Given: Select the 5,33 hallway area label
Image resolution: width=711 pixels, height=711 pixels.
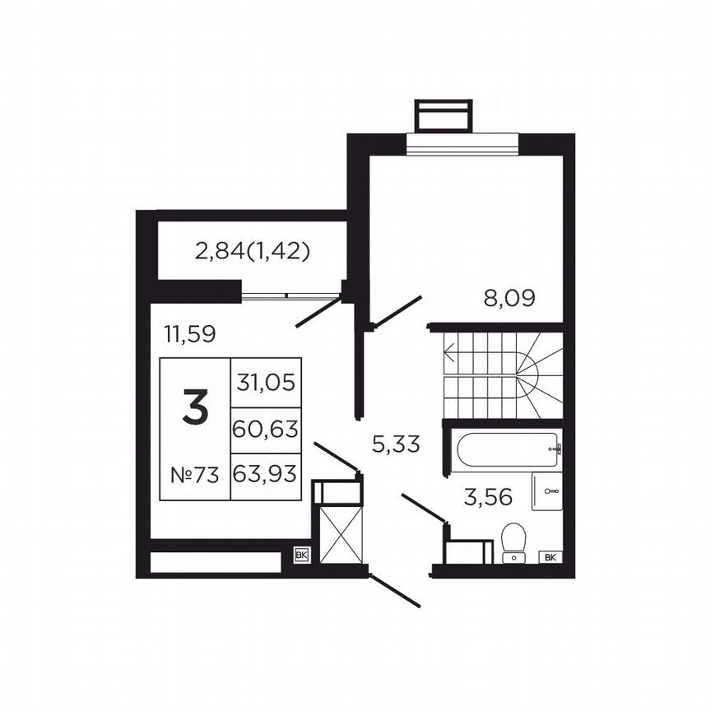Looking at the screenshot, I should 396,444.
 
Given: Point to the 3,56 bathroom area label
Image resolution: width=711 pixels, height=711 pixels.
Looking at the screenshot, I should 488,497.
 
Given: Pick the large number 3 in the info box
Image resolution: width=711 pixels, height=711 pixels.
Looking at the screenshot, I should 194,409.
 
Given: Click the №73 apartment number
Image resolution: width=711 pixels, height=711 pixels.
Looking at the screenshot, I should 194,475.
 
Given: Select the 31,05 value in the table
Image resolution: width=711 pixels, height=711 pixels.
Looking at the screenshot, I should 266,382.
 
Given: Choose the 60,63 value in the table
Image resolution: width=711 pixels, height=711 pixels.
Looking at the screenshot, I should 266,429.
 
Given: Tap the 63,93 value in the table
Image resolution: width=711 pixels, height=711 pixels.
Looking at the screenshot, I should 266,475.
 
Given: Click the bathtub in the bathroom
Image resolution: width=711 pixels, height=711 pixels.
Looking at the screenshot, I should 503,449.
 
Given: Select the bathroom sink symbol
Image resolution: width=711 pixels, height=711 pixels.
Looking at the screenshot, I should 547,491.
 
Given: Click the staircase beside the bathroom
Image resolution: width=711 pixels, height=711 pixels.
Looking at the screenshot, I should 503,374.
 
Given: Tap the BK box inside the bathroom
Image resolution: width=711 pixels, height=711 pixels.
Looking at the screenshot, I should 550,557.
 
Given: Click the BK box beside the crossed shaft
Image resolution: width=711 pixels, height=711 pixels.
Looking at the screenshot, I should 301,555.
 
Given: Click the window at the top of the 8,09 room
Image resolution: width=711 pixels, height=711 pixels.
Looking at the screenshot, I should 462,143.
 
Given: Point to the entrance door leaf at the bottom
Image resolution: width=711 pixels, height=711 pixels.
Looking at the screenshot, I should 396,591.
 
